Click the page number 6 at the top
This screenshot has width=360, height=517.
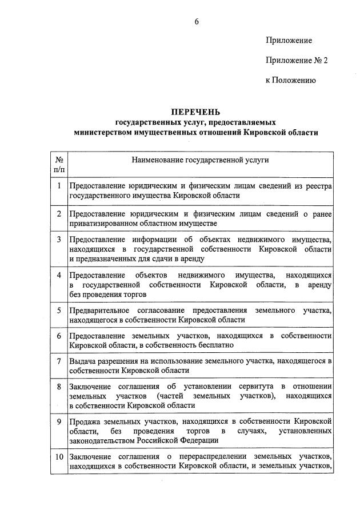[x=197, y=22]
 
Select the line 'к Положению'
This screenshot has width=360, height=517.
[x=290, y=80]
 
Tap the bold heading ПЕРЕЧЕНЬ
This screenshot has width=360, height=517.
[x=196, y=112]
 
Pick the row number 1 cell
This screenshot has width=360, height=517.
[x=59, y=185]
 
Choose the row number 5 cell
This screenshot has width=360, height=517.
[x=59, y=310]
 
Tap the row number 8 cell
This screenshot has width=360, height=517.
[x=59, y=387]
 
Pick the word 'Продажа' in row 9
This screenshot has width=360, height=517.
[x=84, y=421]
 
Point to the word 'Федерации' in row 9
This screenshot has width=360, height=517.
[x=200, y=440]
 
